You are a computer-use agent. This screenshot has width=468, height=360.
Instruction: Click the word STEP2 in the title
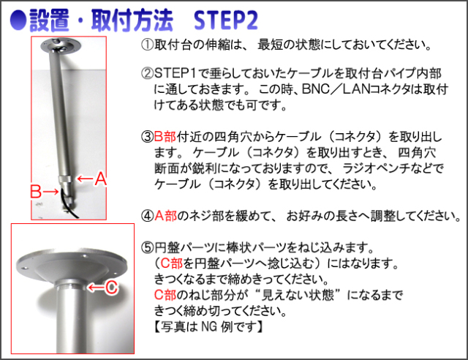coord(226,20)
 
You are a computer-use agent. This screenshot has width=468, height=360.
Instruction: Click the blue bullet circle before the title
coord(18,20)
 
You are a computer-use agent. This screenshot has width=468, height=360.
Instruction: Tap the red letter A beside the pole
coord(101,179)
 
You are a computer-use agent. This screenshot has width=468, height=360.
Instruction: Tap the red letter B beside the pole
coord(36,192)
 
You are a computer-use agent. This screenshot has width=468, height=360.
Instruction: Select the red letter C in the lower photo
coord(112,288)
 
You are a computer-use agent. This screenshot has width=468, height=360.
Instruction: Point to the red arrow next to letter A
coord(85,179)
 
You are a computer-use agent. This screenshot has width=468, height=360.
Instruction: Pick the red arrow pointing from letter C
coord(96,288)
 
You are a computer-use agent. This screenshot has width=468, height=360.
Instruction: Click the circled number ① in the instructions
coord(148,45)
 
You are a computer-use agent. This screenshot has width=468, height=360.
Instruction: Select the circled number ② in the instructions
coord(148,73)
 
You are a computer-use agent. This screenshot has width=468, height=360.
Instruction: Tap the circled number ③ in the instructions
coord(148,137)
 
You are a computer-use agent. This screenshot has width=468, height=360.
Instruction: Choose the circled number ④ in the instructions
coord(148,216)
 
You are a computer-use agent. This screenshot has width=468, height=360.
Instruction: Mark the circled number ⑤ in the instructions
coord(148,247)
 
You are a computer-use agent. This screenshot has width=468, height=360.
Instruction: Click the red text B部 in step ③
coord(165,137)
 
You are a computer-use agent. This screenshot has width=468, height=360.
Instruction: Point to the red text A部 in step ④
coord(166,216)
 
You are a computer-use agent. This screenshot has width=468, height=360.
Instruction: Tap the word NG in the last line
coord(210,326)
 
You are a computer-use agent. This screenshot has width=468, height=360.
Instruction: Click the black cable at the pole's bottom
coord(69,203)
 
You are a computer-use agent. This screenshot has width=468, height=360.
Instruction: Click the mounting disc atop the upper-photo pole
coord(61,45)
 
